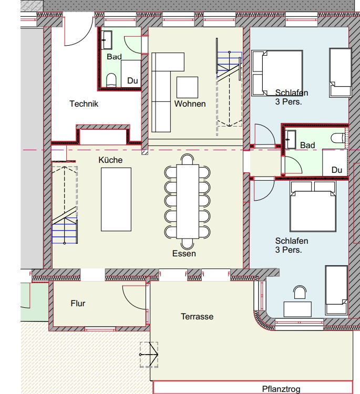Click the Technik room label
pos(84,104)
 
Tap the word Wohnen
pos(190,104)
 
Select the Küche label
pos(110,160)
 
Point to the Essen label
pos(184,253)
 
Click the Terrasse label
pos(197,316)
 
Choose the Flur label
pos(78,303)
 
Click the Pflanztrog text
pos(281,389)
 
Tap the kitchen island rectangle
pos(116,199)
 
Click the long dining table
pos(188,202)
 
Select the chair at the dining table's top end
pos(188,159)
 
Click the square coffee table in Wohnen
pos(187,87)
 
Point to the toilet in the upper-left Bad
pos(111,80)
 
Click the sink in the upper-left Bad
pos(106,40)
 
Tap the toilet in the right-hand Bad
pos(337,138)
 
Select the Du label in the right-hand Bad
pos(337,170)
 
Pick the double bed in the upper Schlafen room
pos(277,73)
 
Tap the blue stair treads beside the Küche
pos(65,231)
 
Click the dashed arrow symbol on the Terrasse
pos(149,355)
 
